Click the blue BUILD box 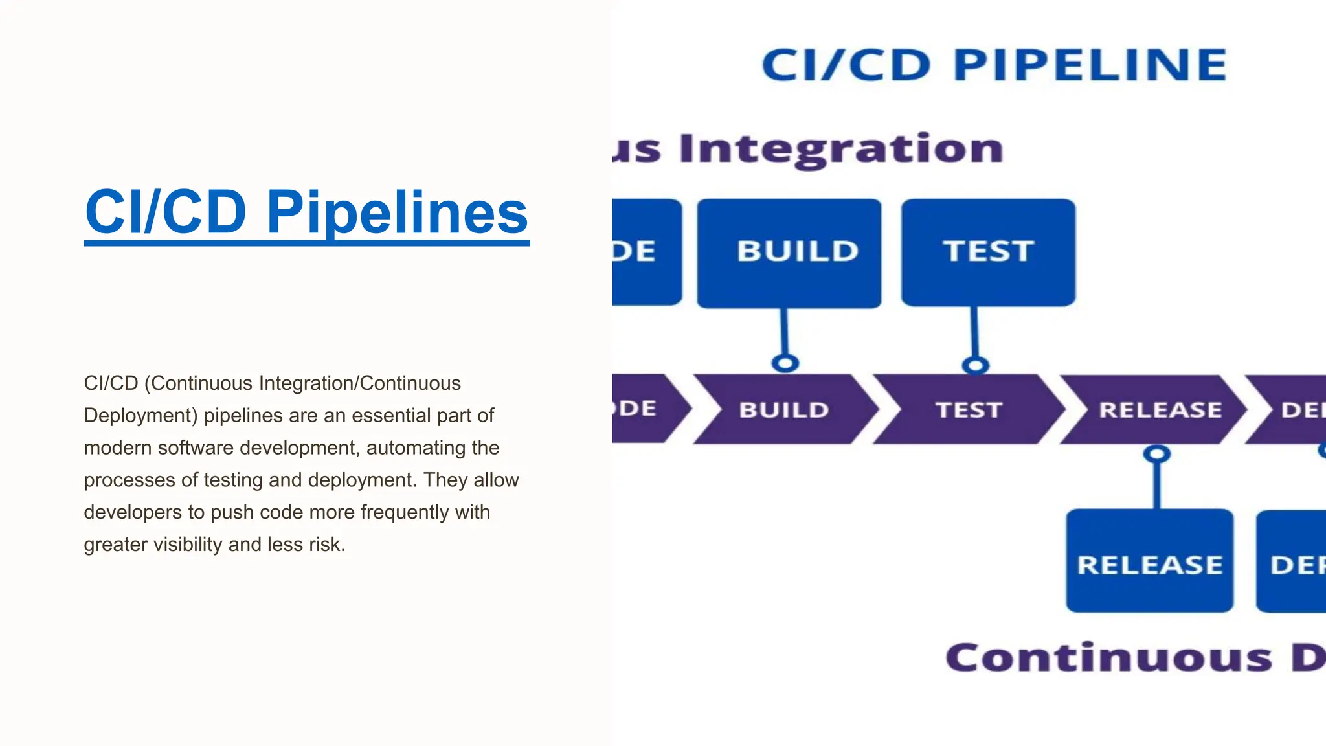[789, 253]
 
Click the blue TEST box [988, 253]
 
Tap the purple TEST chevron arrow [969, 409]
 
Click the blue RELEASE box [1149, 561]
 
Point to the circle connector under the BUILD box [785, 363]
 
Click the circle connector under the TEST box [975, 365]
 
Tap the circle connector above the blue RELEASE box [1156, 453]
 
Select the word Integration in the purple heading [841, 149]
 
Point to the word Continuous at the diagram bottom [1108, 658]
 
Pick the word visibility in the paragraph [188, 544]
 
